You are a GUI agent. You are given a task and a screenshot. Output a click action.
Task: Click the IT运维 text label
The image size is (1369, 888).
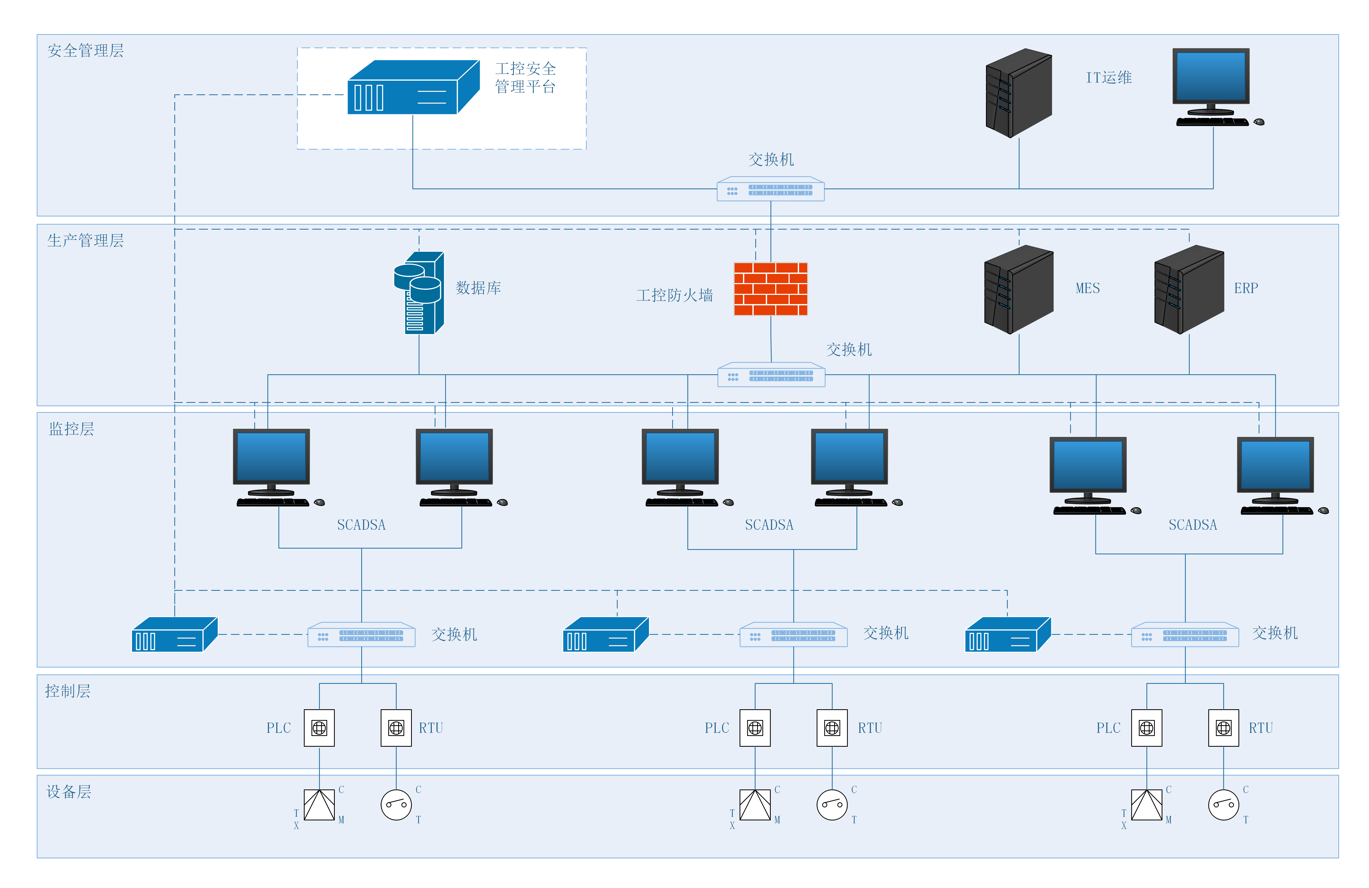point(1108,78)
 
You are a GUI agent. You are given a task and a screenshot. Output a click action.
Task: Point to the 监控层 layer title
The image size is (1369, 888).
point(71,429)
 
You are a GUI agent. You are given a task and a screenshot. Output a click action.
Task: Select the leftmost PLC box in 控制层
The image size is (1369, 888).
point(319,728)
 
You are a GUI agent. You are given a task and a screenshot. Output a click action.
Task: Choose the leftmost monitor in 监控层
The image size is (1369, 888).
point(272,457)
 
